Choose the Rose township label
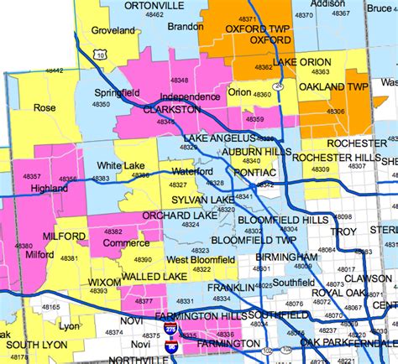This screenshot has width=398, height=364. (x=45, y=107)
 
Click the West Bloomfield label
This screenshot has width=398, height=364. (x=200, y=261)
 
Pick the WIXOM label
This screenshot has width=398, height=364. (x=104, y=282)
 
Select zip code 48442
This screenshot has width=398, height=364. (x=52, y=71)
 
